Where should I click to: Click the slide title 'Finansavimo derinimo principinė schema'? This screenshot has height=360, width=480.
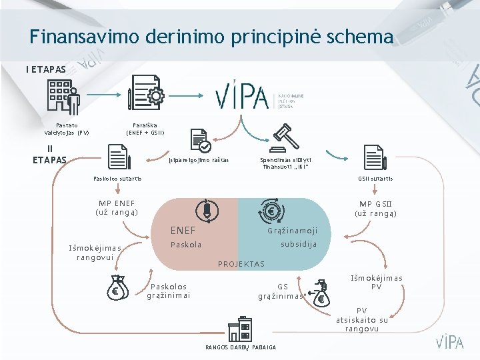211,37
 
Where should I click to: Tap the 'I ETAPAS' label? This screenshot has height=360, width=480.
46,69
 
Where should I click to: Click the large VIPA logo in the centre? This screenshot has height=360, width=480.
241,97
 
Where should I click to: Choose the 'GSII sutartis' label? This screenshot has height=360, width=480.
375,179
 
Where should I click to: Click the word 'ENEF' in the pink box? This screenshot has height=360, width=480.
183,231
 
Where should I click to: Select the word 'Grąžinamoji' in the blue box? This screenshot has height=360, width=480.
292,231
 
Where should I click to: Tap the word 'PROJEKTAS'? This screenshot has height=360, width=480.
241,264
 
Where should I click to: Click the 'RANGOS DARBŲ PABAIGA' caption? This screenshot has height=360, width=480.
241,347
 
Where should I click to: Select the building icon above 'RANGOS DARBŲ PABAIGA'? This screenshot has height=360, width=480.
239,328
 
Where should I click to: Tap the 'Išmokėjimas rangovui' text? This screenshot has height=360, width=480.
95,252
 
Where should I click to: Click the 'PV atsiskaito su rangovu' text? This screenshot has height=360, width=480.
362,319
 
